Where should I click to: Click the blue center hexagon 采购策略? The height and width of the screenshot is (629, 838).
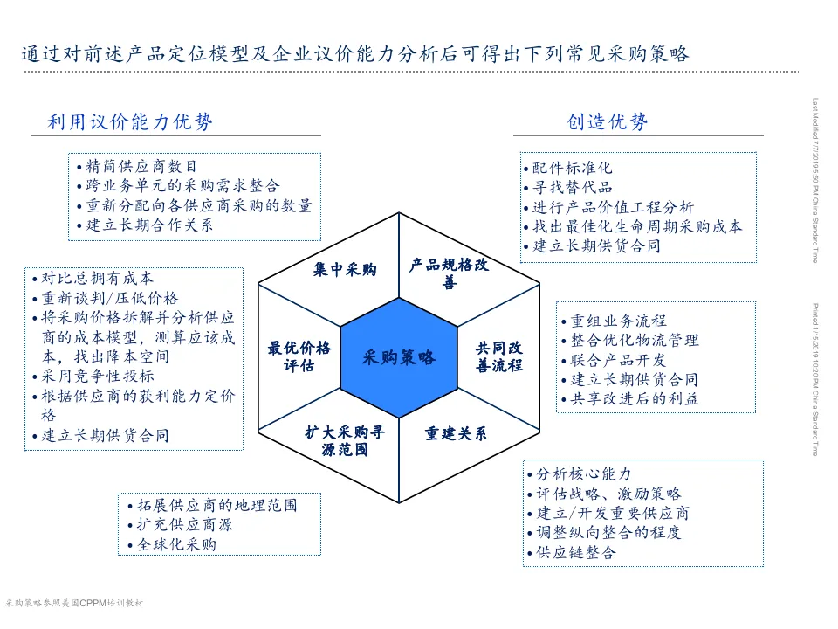coord(399,357)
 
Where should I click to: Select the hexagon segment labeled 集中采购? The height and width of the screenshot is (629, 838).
coord(346,270)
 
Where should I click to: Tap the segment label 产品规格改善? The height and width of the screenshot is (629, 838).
coord(449,273)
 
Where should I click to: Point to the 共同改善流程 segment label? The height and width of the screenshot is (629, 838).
coord(499,357)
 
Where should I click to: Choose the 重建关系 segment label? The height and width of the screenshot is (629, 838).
coord(456,434)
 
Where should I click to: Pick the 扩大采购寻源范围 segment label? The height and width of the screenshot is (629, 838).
coord(345,440)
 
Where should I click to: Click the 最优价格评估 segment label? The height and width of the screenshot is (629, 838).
coord(299,357)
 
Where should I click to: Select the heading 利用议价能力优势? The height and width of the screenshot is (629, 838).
coord(130,122)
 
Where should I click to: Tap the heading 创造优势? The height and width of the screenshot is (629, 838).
coord(607,122)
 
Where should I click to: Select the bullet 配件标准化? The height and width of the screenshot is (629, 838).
coord(572,168)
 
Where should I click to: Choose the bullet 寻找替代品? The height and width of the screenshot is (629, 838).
coord(572,187)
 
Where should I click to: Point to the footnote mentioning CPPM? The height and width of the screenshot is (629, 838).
coord(73,603)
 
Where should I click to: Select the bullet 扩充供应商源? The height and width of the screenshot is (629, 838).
coord(184,525)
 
